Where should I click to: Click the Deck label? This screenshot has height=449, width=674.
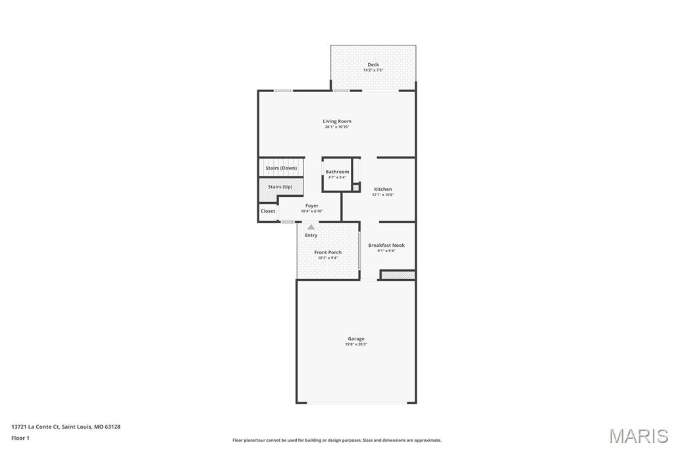(x=373, y=65)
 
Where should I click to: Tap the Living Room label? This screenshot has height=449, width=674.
(x=337, y=121)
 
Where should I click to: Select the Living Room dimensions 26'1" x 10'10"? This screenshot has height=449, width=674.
(x=337, y=127)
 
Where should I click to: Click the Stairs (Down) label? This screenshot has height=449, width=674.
(x=281, y=168)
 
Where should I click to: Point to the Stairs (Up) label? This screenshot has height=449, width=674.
(x=280, y=186)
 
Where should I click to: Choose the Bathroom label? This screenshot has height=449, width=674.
(x=337, y=172)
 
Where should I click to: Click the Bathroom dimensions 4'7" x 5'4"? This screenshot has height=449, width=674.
(x=337, y=177)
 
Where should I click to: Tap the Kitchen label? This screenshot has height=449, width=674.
(x=383, y=189)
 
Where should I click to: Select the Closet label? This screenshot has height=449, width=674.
(x=268, y=211)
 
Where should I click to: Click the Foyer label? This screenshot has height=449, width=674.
(x=312, y=206)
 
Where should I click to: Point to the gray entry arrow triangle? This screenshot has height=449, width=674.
(x=311, y=227)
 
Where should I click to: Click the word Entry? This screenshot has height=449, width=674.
(x=311, y=235)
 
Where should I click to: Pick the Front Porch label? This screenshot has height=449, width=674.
(x=328, y=252)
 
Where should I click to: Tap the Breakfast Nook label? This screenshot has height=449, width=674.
(x=386, y=245)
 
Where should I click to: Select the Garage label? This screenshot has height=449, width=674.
(x=356, y=338)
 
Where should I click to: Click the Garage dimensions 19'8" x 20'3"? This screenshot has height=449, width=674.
(x=356, y=344)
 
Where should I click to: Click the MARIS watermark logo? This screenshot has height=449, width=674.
(x=638, y=436)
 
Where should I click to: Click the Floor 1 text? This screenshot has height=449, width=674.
(x=20, y=437)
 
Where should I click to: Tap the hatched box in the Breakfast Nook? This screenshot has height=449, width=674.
(x=398, y=275)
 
